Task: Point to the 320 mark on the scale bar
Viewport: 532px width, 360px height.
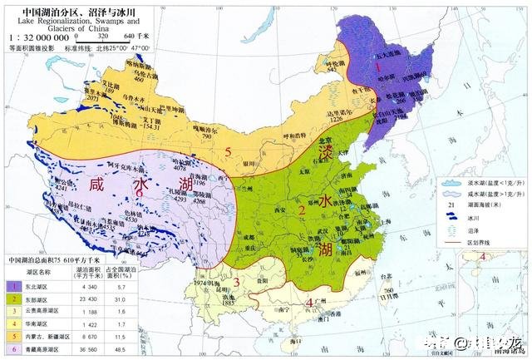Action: click(x=104, y=37)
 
